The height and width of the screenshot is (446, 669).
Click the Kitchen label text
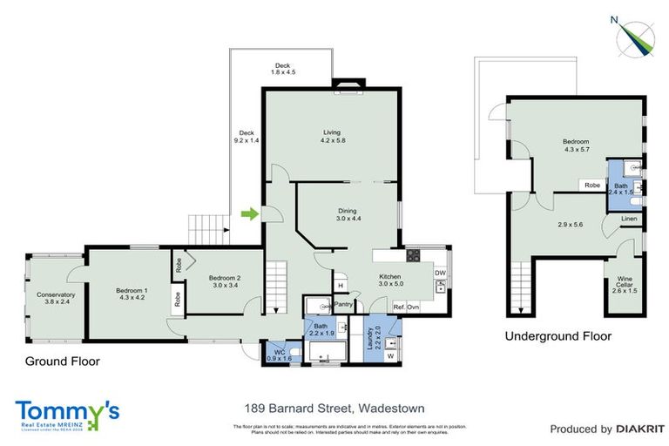coord(389,279)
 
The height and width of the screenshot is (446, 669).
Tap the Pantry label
coord(342,305)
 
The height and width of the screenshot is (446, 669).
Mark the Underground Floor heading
coord(557,335)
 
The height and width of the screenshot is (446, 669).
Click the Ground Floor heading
coord(62,361)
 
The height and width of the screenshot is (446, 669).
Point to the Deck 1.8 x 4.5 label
coord(282,70)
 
